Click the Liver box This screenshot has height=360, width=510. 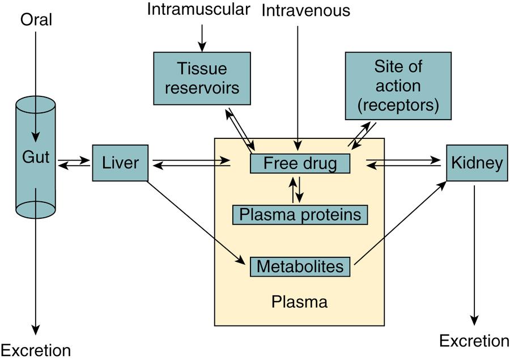click(120, 163)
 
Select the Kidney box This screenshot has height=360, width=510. click(476, 163)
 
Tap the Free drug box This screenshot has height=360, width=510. click(300, 164)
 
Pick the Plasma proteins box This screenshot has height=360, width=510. click(300, 214)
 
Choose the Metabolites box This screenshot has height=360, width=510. click(300, 266)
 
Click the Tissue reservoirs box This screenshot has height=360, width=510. click(202, 78)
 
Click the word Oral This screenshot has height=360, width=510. click(36, 20)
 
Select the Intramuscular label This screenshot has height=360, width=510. click(198, 10)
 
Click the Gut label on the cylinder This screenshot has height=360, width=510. click(36, 157)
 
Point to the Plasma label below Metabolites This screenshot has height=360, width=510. click(299, 301)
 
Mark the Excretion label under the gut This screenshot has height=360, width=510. click(36, 350)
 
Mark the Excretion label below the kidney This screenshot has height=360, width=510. click(474, 341)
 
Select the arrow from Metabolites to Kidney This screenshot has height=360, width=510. click(399, 222)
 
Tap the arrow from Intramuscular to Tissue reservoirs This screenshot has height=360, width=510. click(201, 35)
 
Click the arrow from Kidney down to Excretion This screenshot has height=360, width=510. click(474, 255)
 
